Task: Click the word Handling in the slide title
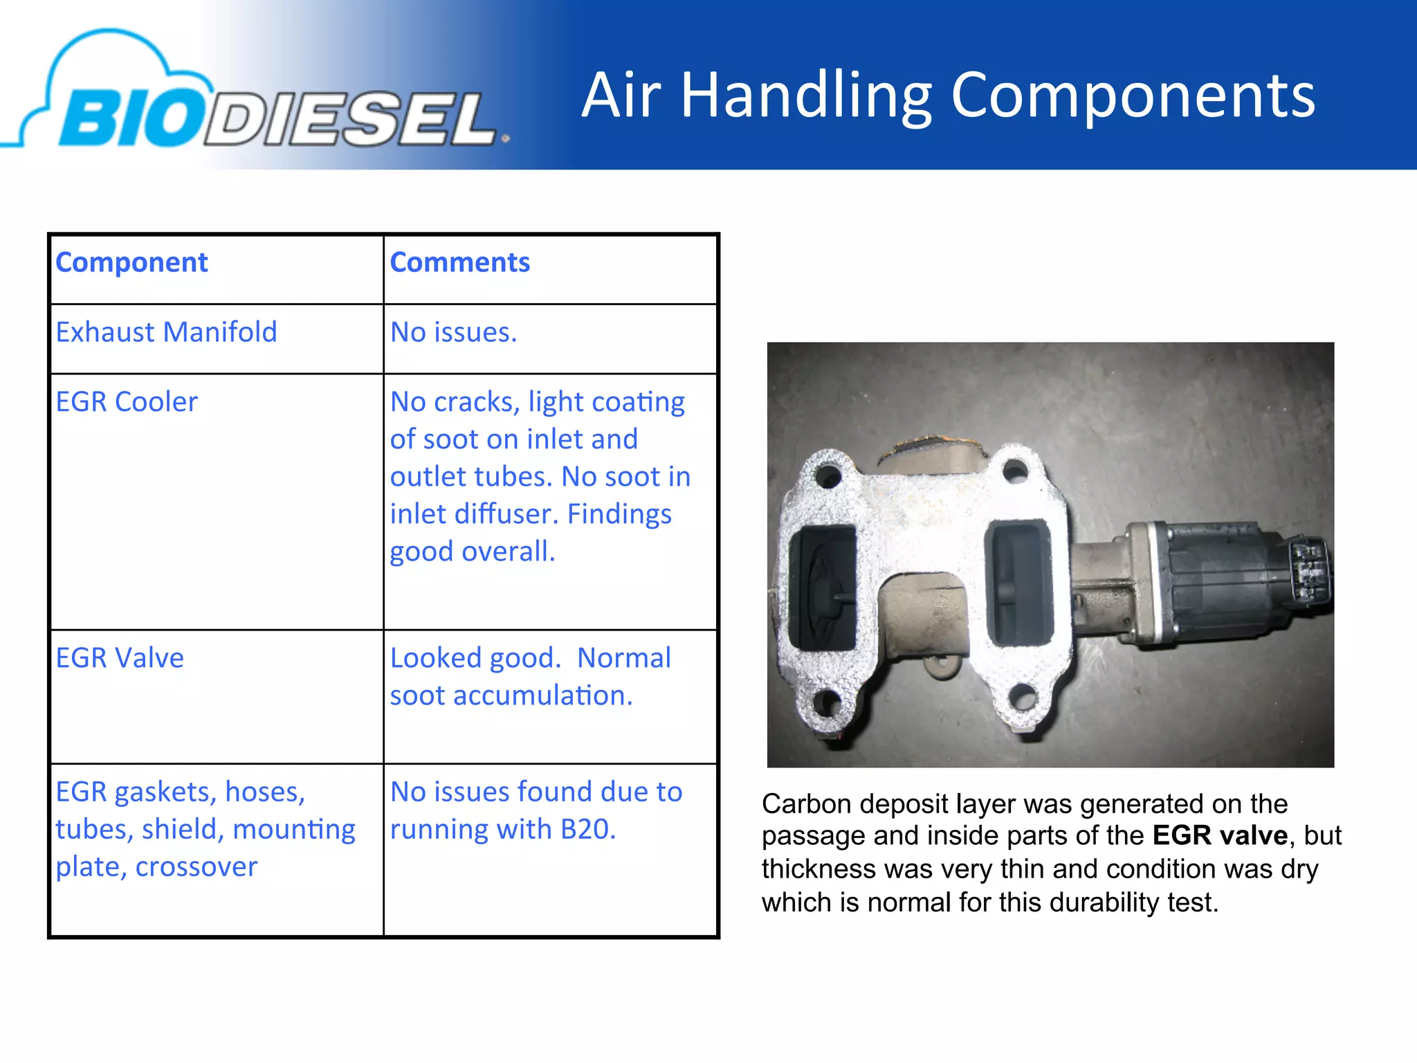(806, 97)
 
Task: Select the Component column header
(131, 263)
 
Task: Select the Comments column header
(459, 263)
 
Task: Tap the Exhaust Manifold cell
(166, 333)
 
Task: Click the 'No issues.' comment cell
(453, 333)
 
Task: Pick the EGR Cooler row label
(127, 402)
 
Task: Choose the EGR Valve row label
(120, 658)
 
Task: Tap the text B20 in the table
(587, 830)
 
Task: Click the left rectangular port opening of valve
(823, 587)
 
